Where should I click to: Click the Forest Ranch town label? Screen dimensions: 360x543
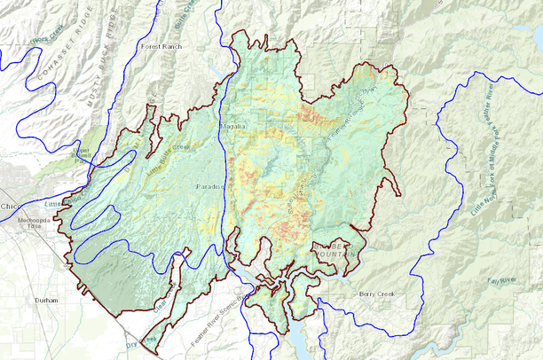coord(161,44)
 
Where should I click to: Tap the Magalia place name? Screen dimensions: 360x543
coord(232,128)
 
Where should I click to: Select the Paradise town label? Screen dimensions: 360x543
coord(212,188)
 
